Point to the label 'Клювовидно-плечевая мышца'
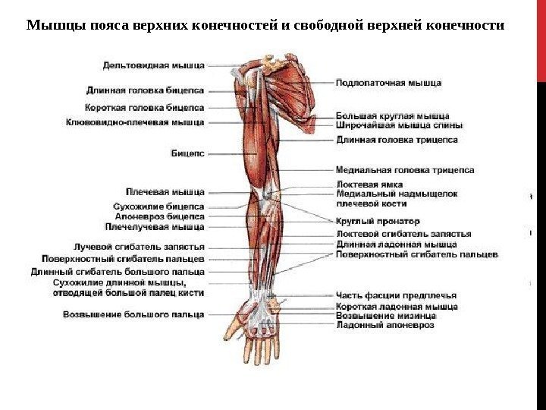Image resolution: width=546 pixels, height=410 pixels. click(136, 121)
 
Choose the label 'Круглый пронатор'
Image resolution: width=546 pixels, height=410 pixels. click(377, 221)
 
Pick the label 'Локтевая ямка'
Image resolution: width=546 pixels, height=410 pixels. click(369, 184)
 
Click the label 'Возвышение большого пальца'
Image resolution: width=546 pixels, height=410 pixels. click(133, 314)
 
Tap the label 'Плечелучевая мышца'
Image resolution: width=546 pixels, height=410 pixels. click(155, 226)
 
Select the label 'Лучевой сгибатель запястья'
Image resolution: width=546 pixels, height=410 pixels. click(139, 247)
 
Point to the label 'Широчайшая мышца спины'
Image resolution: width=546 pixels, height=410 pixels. click(389, 125)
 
